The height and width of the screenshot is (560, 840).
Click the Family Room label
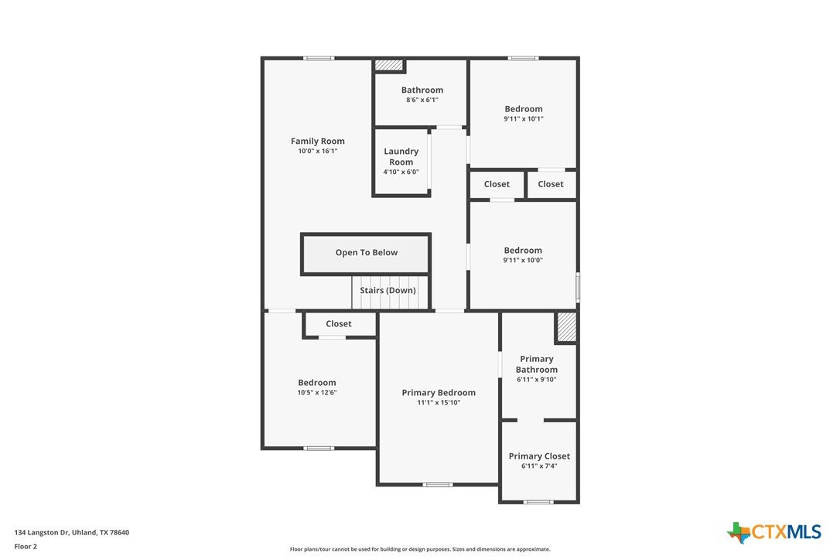coord(318,141)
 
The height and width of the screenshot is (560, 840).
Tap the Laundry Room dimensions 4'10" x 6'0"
coord(401,172)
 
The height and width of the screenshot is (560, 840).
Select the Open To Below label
coord(367,252)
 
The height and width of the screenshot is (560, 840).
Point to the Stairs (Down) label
coord(388,291)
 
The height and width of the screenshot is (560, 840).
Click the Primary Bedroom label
coord(439,393)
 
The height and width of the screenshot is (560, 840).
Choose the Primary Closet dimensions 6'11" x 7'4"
coord(539,466)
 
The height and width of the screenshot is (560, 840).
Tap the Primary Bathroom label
coord(537,364)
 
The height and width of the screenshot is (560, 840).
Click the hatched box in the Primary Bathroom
coord(566,327)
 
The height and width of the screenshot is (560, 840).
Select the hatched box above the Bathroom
coord(389,65)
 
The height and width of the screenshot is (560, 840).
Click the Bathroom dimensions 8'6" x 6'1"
coord(422,100)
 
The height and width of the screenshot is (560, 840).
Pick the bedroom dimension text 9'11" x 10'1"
coord(524,119)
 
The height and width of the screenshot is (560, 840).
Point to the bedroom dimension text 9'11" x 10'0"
coord(523,261)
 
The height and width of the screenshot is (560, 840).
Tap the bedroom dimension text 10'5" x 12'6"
coord(317,393)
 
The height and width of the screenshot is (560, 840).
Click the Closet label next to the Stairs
coord(339,323)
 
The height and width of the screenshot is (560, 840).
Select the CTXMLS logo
coord(773,532)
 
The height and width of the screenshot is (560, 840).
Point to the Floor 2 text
coord(26,547)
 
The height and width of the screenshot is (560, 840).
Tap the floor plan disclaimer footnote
coord(420,549)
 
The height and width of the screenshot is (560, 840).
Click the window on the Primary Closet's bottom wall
coord(538,502)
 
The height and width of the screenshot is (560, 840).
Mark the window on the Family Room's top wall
coord(319,58)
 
